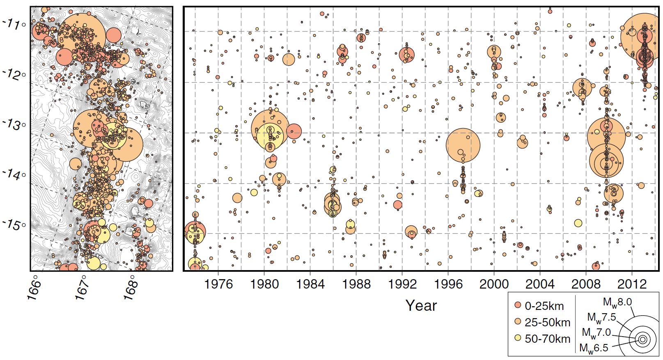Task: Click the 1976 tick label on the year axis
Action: coord(218,284)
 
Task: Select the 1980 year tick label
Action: coord(264,284)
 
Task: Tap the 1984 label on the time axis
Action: coord(310,284)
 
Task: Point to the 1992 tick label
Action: coord(402,284)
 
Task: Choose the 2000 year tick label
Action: coord(494,284)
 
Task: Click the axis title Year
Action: coord(421,305)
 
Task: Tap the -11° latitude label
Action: coord(15,25)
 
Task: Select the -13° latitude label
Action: coord(15,125)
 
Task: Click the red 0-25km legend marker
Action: coord(518,305)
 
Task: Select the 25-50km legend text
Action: coord(548,323)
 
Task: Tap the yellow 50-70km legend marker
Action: coord(518,338)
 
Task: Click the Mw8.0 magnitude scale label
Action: coord(617,303)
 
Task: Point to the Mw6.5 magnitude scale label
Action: coord(594,348)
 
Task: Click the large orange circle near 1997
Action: coord(463,145)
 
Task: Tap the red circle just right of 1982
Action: coord(294,132)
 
